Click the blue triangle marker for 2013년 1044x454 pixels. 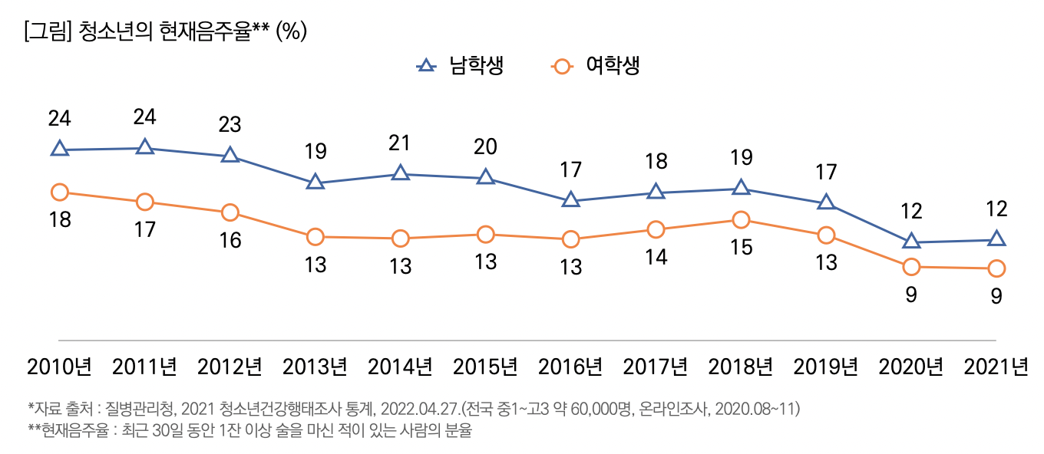[x=314, y=183]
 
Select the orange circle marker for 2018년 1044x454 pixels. [x=741, y=220]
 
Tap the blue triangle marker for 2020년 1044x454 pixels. [x=911, y=241]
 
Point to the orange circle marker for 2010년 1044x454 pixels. [x=59, y=192]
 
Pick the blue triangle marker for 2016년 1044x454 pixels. [x=570, y=200]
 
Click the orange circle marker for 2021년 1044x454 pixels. [x=996, y=268]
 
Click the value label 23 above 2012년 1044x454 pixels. [x=230, y=123]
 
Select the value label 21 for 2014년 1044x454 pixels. [x=400, y=143]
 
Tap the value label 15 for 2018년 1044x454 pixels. [x=741, y=248]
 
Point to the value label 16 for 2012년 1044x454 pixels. [x=230, y=240]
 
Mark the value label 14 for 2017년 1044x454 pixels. [x=656, y=258]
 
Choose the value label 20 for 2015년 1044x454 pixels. [x=485, y=146]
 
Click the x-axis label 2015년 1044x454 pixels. [x=485, y=367]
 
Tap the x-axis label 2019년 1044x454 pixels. [x=825, y=367]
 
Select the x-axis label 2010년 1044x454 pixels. [x=59, y=367]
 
